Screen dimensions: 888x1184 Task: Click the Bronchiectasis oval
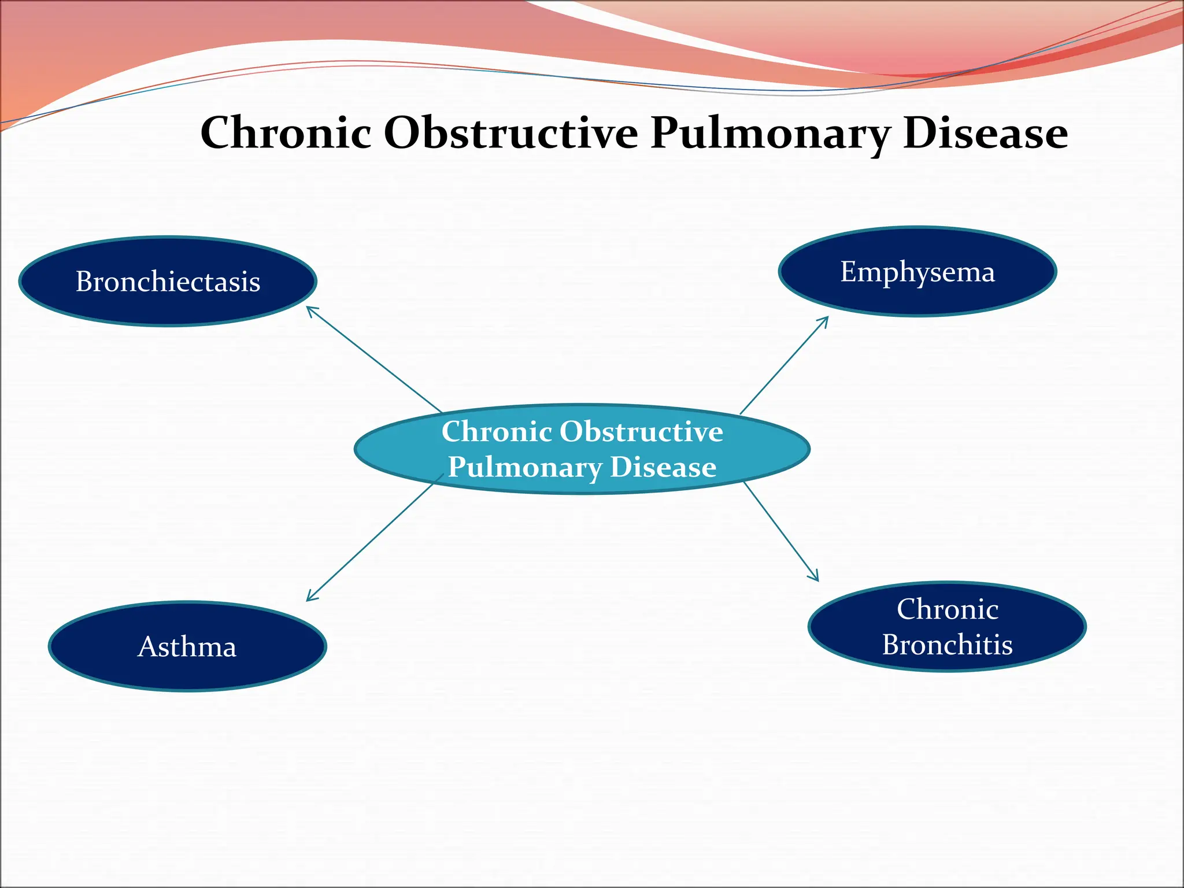168,282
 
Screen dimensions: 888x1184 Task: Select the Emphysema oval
917,272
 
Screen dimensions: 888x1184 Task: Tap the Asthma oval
187,646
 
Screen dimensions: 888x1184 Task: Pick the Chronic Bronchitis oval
947,627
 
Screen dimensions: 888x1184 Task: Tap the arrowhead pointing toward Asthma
309,598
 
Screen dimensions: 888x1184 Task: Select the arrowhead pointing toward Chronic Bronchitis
816,578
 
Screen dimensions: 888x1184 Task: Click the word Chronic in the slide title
286,133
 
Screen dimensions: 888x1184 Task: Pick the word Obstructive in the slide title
511,133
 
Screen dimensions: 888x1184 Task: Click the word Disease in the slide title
985,133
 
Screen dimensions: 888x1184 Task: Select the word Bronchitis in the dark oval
947,645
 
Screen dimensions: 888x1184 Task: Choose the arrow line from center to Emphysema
783,366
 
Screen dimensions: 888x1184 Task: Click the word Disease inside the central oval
663,467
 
